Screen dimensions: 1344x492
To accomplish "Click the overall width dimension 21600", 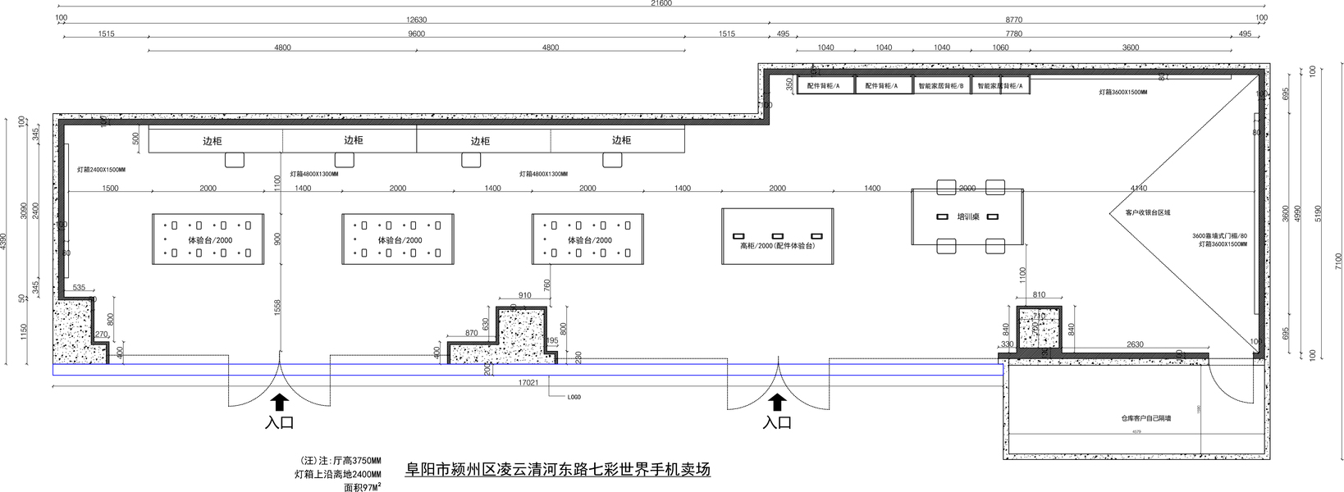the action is point(661,4).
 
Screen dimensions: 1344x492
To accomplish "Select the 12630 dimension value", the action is point(416,20).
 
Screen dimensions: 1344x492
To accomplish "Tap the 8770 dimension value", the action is point(1014,20).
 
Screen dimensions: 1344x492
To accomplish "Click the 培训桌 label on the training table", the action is point(968,217).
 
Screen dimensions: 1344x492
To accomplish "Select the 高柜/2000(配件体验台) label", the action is point(777,245).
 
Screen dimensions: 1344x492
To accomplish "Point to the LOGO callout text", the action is point(574,397).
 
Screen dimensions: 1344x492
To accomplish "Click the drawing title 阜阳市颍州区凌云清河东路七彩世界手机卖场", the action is point(558,471).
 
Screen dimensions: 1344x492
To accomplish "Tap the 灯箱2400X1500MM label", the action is point(101,170).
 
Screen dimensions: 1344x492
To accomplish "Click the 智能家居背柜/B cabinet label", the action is point(941,86).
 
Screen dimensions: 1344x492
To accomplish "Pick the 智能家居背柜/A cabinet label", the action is point(1000,86).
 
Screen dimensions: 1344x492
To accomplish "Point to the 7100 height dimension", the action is point(1338,261).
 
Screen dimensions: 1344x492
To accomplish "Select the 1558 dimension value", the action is point(277,307).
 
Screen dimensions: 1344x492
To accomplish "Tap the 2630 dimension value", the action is point(1135,344).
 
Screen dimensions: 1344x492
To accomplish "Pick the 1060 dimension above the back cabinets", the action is point(1000,48).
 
